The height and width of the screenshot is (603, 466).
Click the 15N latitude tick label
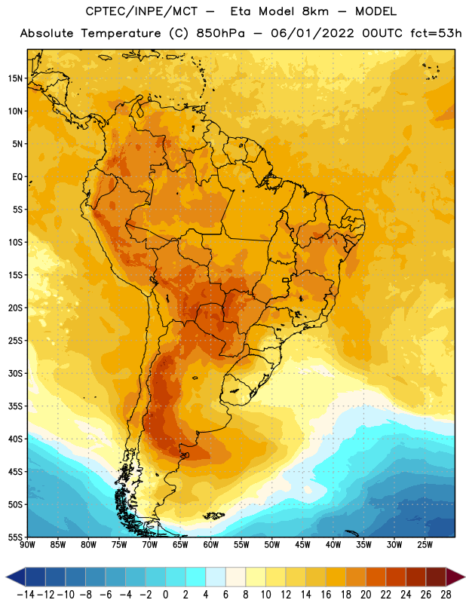click(x=15, y=78)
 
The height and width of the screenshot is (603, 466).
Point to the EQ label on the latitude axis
click(x=17, y=177)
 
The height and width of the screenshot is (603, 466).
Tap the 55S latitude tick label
click(x=15, y=537)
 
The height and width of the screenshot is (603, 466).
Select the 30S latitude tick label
click(x=15, y=373)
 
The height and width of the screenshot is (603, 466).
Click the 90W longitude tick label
click(x=28, y=545)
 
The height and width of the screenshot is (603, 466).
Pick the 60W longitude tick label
click(x=211, y=545)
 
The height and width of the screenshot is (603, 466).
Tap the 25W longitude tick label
click(x=425, y=545)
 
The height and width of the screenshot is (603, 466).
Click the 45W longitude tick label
click(x=302, y=545)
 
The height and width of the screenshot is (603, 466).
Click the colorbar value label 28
click(x=446, y=595)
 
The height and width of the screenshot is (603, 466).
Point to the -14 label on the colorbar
click(x=26, y=595)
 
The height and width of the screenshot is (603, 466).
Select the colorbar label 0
click(x=165, y=595)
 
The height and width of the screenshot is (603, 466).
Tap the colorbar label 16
click(x=326, y=595)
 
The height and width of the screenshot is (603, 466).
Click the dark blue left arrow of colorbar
click(x=16, y=577)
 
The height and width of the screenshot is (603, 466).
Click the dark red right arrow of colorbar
click(x=455, y=577)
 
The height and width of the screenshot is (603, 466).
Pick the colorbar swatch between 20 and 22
click(x=376, y=577)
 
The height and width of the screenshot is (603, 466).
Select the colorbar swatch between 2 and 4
click(x=195, y=577)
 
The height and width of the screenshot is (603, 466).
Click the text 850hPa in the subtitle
click(x=220, y=33)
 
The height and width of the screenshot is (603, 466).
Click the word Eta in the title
click(x=241, y=11)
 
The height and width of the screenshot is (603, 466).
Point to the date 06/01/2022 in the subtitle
click(x=312, y=33)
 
